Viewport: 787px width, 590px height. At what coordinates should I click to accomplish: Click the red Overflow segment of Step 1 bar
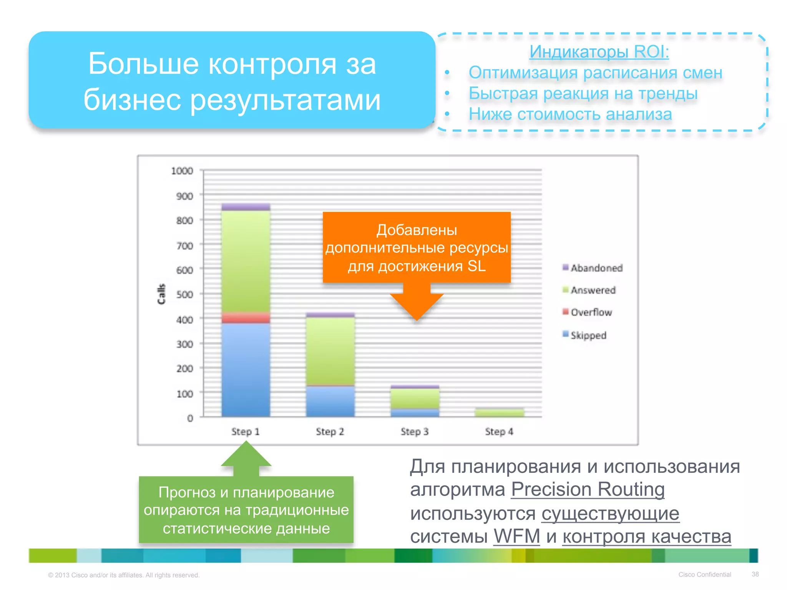point(246,318)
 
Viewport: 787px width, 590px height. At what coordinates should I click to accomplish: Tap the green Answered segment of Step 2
point(330,351)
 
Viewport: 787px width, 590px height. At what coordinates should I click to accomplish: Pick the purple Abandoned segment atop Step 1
point(246,207)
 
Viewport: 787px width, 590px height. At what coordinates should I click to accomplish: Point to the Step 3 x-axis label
point(414,432)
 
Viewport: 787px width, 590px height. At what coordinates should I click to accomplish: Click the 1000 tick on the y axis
point(182,171)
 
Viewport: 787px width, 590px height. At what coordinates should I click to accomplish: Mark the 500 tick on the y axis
point(184,295)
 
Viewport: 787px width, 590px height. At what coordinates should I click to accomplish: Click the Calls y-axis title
point(161,294)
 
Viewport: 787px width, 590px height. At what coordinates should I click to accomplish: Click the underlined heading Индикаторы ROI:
point(599,51)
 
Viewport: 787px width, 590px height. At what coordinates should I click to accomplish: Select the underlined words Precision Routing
point(588,489)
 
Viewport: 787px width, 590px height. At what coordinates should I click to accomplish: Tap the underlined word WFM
point(517,536)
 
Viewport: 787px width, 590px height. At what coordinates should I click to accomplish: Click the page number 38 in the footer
point(755,574)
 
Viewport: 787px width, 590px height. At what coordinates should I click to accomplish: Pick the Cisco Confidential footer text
point(704,575)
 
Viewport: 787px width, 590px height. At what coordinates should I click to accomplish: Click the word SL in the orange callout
point(477,266)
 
